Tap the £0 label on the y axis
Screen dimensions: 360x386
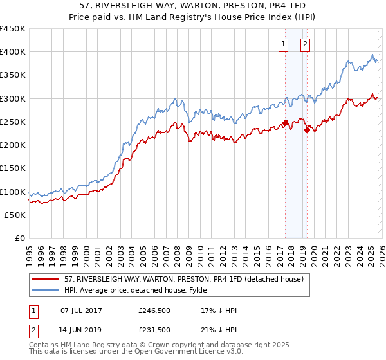coord(20,239)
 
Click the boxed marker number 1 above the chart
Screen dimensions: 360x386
coord(283,44)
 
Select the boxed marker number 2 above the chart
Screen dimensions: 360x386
coord(305,44)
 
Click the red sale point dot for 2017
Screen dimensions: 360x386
coord(285,123)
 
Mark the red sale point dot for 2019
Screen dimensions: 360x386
coord(307,130)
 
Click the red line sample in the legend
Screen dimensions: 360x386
coord(46,279)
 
